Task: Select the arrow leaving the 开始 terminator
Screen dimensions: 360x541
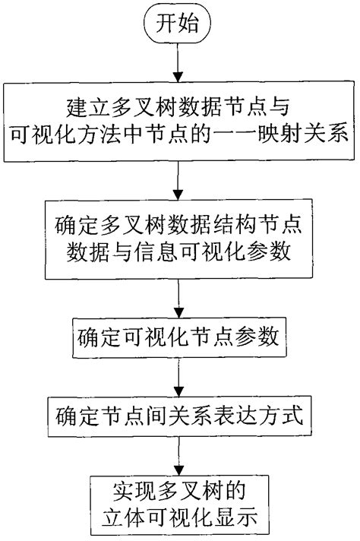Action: [178, 62]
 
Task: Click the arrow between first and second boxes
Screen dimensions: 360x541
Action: [178, 180]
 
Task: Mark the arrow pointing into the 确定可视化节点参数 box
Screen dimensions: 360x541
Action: [178, 298]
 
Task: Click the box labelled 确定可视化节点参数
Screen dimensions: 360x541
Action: [179, 337]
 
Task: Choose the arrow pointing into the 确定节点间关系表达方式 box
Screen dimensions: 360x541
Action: [178, 377]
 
